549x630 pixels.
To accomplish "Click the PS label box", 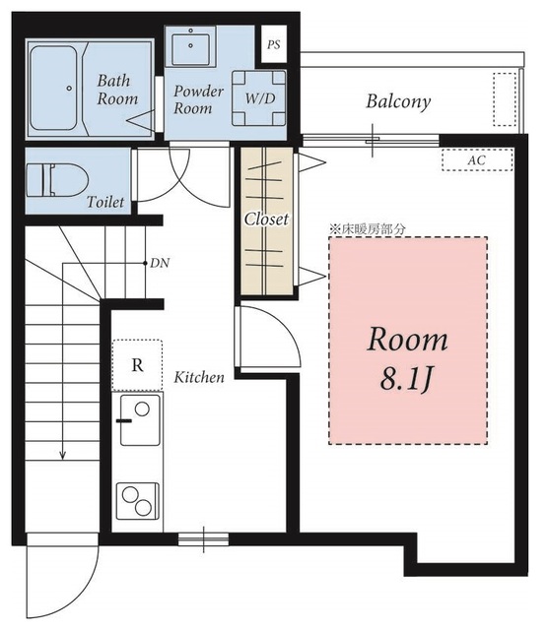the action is click(274, 43).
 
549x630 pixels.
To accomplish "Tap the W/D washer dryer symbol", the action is click(259, 98).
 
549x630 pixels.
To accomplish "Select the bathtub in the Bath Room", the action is click(53, 88).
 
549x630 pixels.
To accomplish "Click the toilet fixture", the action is click(57, 180).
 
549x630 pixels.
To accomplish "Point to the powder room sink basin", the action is click(190, 49).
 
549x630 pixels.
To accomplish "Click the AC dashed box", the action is click(477, 159).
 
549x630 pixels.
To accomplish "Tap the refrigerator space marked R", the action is click(138, 365).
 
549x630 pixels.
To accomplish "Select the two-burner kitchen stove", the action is click(138, 501).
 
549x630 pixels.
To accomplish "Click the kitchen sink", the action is click(140, 420).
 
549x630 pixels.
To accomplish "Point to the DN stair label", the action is click(160, 264).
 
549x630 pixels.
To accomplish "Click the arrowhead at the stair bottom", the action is click(62, 455).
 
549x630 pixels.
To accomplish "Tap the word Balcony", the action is click(398, 101).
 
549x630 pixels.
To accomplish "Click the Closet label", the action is click(266, 220).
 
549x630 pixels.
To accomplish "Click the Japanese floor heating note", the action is click(368, 229).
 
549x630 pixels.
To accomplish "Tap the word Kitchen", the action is click(199, 377).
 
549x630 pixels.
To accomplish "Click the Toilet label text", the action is click(105, 201).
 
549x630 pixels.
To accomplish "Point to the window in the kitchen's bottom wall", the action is click(203, 538).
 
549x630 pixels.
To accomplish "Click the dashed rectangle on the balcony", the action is click(505, 99).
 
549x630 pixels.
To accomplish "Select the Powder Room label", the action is click(198, 99).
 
